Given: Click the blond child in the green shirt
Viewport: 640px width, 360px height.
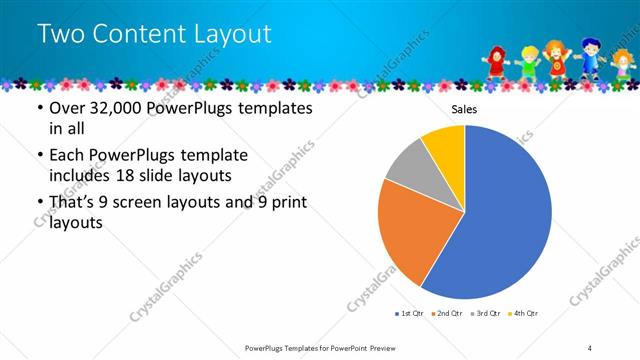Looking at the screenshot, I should [528, 61].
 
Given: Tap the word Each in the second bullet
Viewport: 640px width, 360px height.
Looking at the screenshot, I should [67, 156].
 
